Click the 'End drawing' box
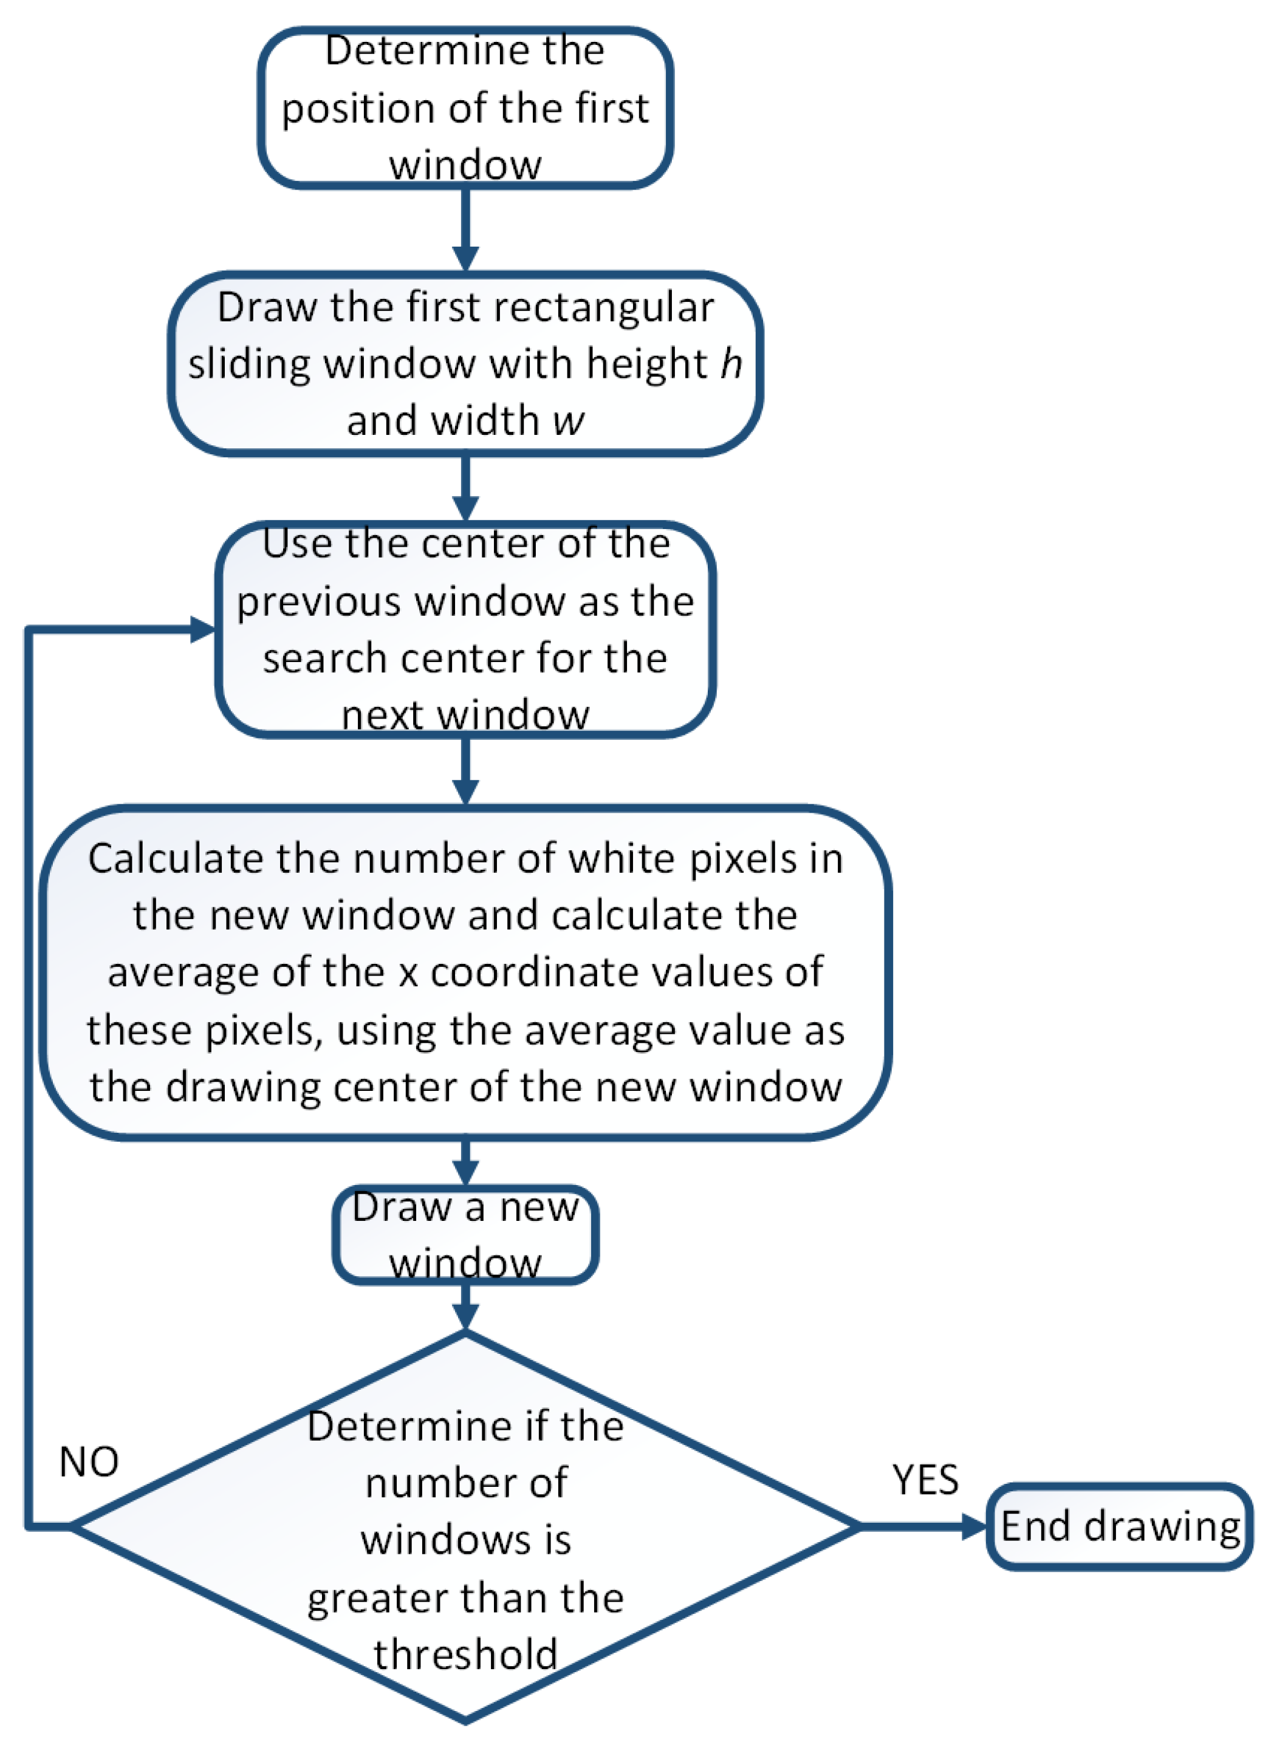coord(1120,1527)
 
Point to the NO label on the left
coord(89,1461)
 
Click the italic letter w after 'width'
coord(569,421)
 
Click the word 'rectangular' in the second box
coord(604,307)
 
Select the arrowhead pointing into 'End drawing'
coord(974,1526)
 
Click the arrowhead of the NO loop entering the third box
coord(202,629)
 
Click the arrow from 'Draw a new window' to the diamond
coord(465,1308)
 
